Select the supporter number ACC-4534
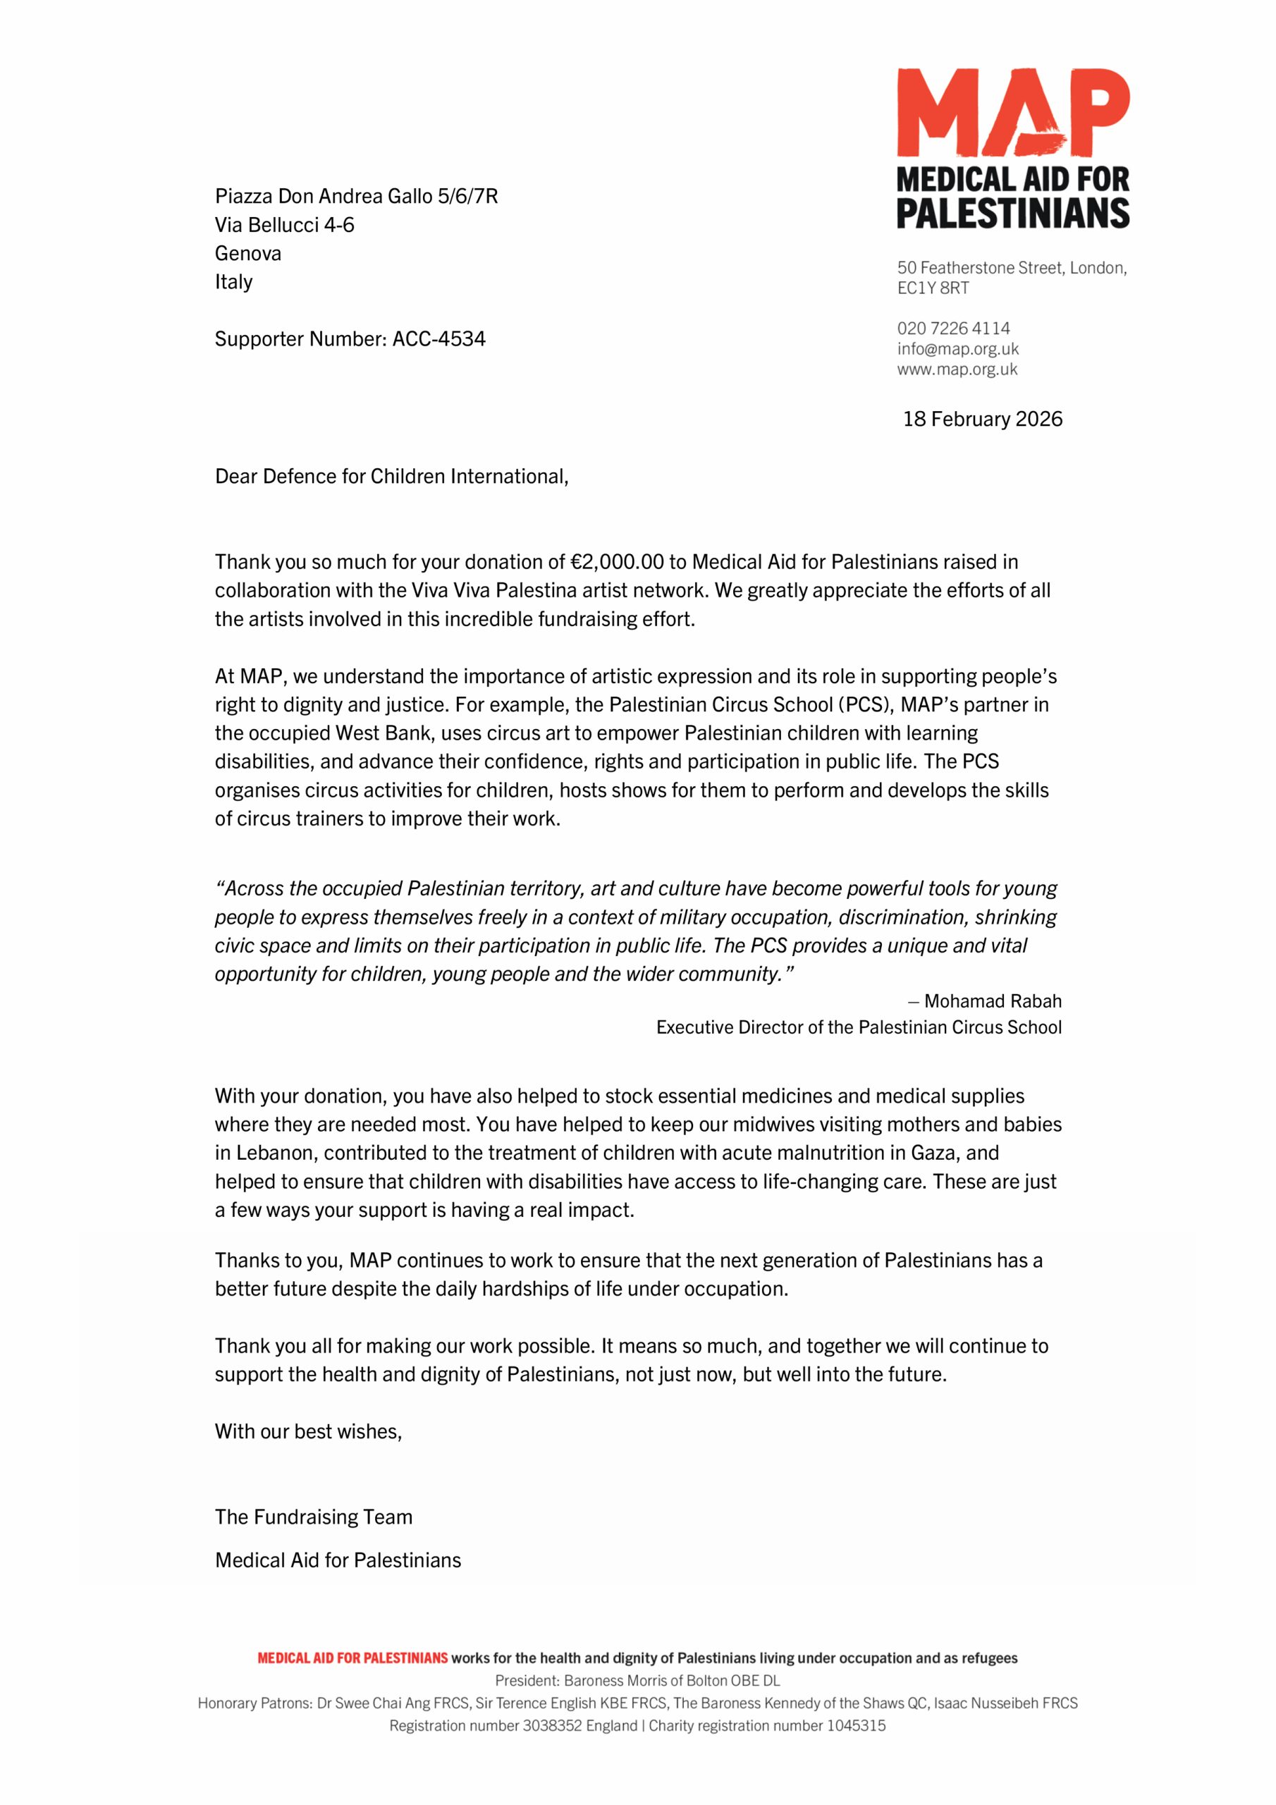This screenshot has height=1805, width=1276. (438, 339)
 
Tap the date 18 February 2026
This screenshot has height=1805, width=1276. (982, 419)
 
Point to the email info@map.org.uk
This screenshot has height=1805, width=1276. (957, 349)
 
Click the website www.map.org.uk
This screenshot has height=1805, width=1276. (957, 369)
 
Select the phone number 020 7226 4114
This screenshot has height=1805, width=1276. (953, 329)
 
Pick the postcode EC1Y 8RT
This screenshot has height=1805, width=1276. (933, 288)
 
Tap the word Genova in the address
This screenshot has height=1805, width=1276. (247, 253)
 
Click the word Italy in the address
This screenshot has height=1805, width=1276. (233, 281)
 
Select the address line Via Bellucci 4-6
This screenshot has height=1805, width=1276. (284, 225)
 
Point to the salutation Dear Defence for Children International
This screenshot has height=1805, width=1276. (391, 477)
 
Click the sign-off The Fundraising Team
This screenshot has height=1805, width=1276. (313, 1517)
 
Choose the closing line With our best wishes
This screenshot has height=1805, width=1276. (308, 1431)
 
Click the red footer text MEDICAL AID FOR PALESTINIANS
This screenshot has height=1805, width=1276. (352, 1658)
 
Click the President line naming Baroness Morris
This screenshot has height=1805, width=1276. (637, 1681)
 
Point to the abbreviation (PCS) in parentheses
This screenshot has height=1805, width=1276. (864, 704)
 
